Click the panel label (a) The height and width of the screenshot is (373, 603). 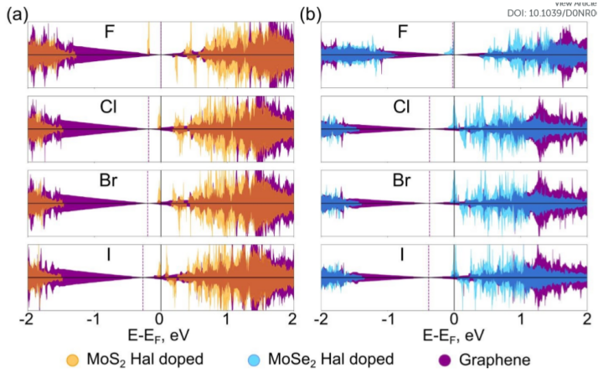(x=15, y=14)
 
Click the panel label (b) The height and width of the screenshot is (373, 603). (x=310, y=14)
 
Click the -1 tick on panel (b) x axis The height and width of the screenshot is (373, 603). (x=387, y=319)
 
